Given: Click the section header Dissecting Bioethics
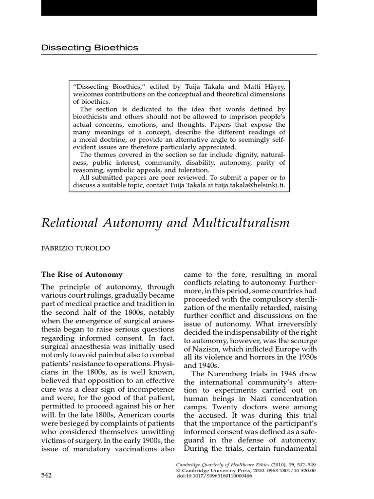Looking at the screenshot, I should (90, 48).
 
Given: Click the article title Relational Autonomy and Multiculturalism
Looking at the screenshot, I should (165, 223).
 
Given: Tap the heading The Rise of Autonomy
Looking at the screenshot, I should (82, 275).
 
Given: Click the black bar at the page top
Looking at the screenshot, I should (187, 7).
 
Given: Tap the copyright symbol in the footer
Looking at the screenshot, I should (178, 471).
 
